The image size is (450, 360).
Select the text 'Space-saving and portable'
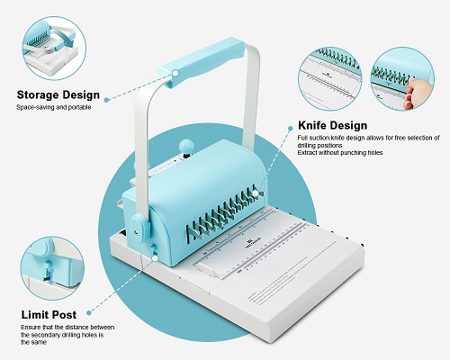tap(53, 108)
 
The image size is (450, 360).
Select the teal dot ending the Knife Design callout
tap(258, 192)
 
